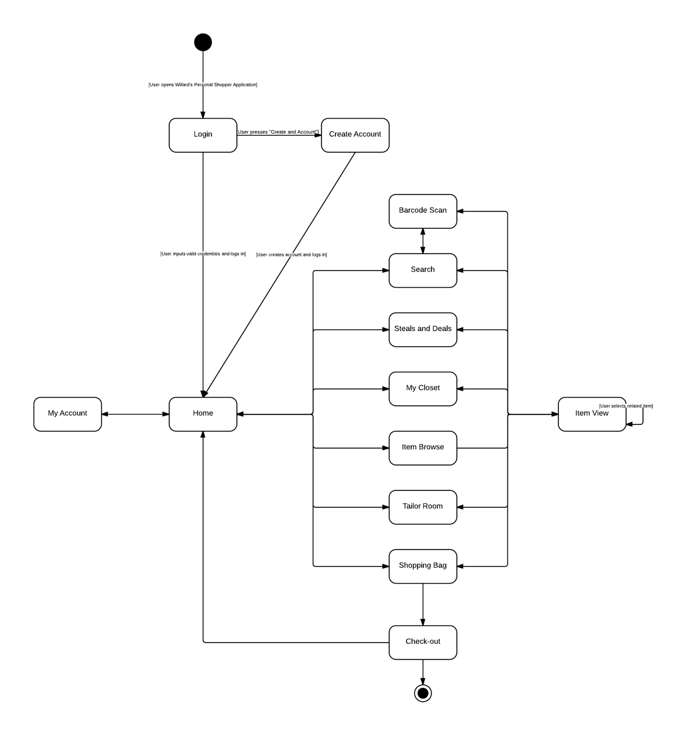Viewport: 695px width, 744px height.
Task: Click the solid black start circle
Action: [x=203, y=42]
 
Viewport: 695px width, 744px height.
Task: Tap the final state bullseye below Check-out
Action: [x=423, y=692]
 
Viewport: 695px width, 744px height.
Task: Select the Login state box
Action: [x=203, y=135]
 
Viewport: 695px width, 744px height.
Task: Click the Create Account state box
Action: [x=355, y=135]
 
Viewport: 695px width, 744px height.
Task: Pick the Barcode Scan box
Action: [x=423, y=211]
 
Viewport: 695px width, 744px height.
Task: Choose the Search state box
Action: [x=423, y=270]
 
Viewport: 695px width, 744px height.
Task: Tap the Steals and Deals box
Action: [x=423, y=329]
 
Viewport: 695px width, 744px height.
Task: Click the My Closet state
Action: [x=423, y=389]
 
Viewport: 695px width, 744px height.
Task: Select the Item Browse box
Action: [x=423, y=448]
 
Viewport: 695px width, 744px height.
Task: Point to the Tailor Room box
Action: [x=423, y=507]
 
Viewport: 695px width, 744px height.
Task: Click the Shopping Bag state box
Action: [x=423, y=566]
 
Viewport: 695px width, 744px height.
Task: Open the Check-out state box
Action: [x=423, y=642]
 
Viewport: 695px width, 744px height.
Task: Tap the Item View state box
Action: [x=591, y=413]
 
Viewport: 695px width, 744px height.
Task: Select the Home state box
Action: [x=203, y=413]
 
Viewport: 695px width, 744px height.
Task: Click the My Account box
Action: [x=67, y=413]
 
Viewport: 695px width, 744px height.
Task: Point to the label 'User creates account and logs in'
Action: [x=291, y=255]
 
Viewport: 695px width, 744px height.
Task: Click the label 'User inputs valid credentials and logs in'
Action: [x=203, y=254]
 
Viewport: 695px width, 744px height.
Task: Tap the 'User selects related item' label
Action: [x=626, y=406]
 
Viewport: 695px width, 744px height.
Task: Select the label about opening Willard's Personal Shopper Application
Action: [x=203, y=85]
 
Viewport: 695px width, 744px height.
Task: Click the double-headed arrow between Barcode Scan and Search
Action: [x=423, y=241]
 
